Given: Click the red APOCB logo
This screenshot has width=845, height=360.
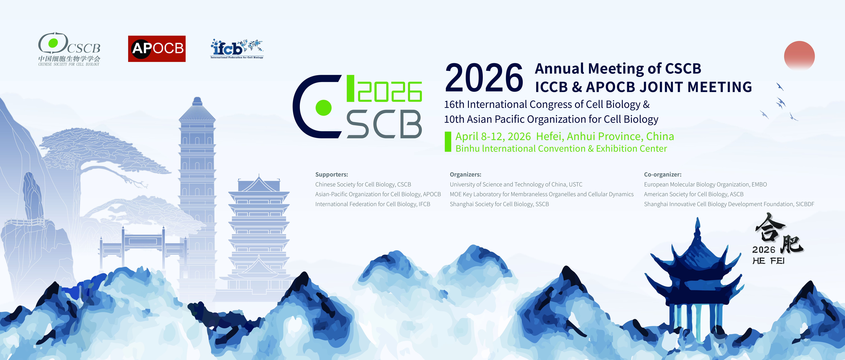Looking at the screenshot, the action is (157, 48).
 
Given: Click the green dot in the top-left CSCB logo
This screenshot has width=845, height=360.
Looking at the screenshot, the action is (53, 43).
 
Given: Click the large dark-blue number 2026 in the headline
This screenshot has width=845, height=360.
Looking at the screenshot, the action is (484, 78).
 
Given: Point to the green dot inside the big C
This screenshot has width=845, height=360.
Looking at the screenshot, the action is (323, 108).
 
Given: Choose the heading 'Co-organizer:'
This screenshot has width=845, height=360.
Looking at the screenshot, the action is (663, 174).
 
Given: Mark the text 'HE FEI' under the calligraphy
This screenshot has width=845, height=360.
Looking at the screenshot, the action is (768, 261).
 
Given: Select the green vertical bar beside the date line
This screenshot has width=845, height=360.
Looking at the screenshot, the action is (448, 142).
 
